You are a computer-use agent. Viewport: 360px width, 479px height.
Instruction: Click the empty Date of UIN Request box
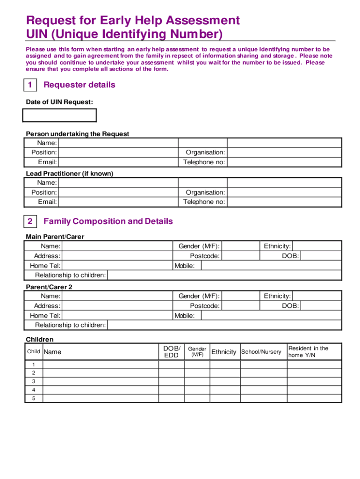[60, 115]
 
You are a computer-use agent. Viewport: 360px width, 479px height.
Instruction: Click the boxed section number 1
[30, 85]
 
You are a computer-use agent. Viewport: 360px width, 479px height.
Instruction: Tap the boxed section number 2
[30, 221]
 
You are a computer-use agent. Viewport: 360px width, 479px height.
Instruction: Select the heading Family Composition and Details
[108, 221]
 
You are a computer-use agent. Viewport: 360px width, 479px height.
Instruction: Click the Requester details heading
[79, 85]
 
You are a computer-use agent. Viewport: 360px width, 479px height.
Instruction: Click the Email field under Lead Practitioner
[118, 202]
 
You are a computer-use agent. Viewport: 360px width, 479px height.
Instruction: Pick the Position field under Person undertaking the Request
[118, 152]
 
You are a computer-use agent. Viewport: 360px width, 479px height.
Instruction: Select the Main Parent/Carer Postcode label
[204, 256]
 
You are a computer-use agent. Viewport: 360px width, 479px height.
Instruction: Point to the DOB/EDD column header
[172, 352]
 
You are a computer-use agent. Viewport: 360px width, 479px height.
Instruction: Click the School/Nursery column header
[261, 352]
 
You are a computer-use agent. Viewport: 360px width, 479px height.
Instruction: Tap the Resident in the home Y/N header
[309, 352]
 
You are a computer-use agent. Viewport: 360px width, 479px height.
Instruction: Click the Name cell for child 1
[101, 365]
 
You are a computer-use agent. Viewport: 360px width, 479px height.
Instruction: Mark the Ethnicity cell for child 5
[224, 399]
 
